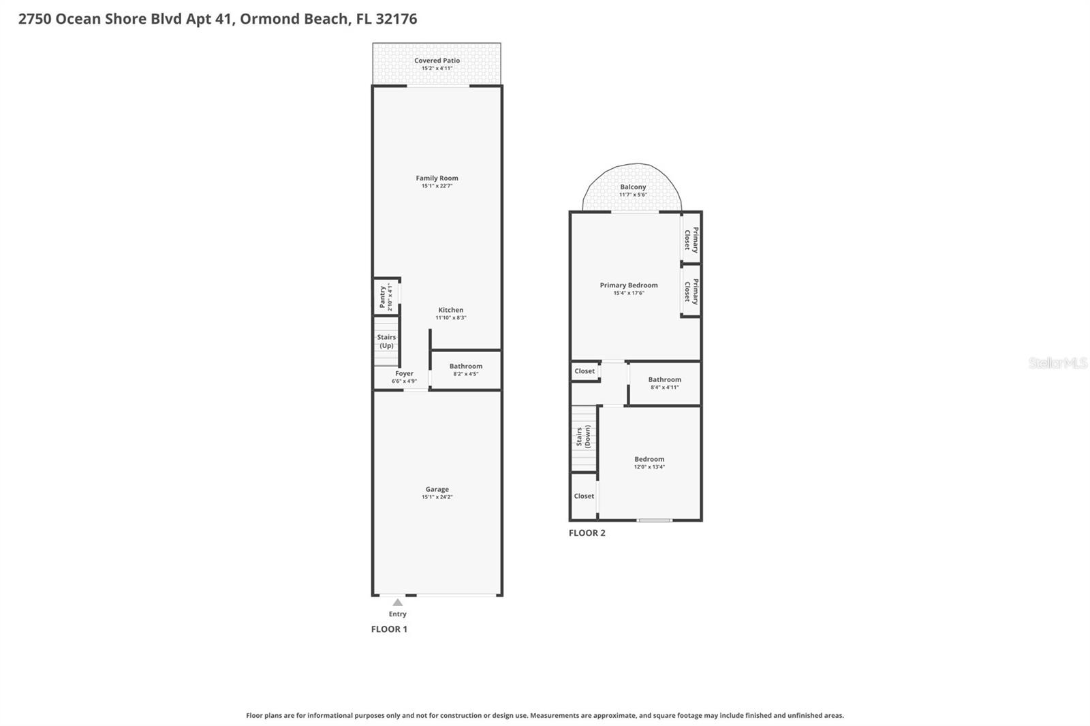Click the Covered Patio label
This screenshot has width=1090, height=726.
click(x=437, y=61)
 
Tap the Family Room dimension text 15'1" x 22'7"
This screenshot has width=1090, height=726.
click(x=437, y=186)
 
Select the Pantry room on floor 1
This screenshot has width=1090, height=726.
click(x=386, y=297)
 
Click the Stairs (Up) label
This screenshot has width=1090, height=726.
click(x=386, y=341)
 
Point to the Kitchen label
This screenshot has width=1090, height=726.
click(x=450, y=310)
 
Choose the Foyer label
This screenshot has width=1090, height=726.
click(x=404, y=373)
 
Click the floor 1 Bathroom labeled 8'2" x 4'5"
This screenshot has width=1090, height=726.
click(x=466, y=370)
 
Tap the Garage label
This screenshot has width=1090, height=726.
click(x=437, y=489)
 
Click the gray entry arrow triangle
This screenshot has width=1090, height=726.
click(x=398, y=603)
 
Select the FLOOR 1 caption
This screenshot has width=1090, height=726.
click(x=389, y=629)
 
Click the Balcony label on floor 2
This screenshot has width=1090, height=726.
click(x=633, y=187)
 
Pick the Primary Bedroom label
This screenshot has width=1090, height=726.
click(x=628, y=285)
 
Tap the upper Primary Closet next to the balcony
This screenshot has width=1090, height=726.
click(x=691, y=239)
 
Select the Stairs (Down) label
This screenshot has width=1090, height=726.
click(x=583, y=437)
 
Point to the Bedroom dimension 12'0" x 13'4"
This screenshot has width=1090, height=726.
click(x=649, y=467)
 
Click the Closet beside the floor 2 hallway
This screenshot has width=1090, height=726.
click(x=585, y=371)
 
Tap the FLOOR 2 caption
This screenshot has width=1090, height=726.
click(x=587, y=533)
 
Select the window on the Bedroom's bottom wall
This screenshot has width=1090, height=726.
click(x=655, y=520)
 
